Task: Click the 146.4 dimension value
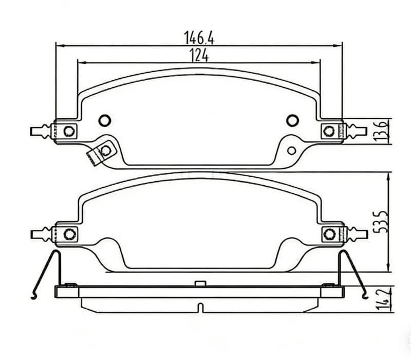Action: [198, 38]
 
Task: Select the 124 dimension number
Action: [199, 55]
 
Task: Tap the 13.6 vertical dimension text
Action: [380, 131]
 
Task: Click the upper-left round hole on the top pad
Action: [104, 120]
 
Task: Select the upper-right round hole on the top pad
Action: [292, 120]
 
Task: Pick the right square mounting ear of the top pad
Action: [328, 131]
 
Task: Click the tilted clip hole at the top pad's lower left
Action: [106, 151]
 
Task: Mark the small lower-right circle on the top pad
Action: [292, 151]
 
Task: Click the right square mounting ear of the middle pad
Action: [329, 235]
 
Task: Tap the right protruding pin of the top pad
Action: [355, 131]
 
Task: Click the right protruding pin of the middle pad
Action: [355, 235]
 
